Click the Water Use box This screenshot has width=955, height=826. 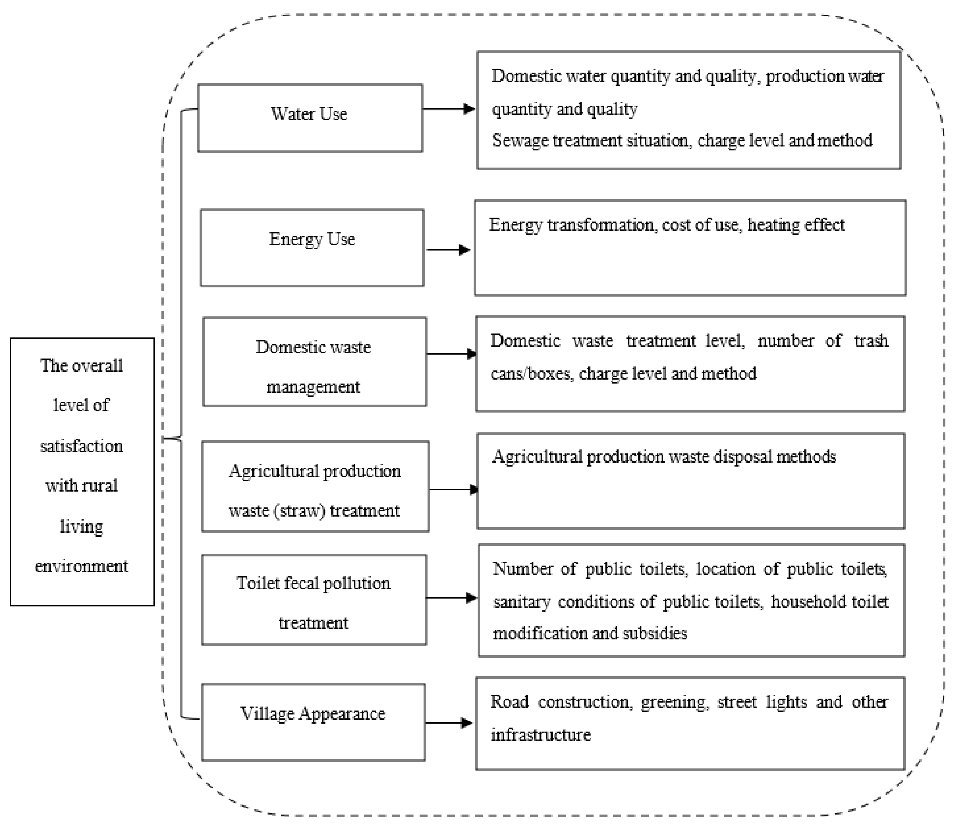click(x=310, y=118)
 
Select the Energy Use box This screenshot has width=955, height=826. click(x=312, y=248)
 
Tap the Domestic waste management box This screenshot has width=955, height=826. click(x=314, y=362)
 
